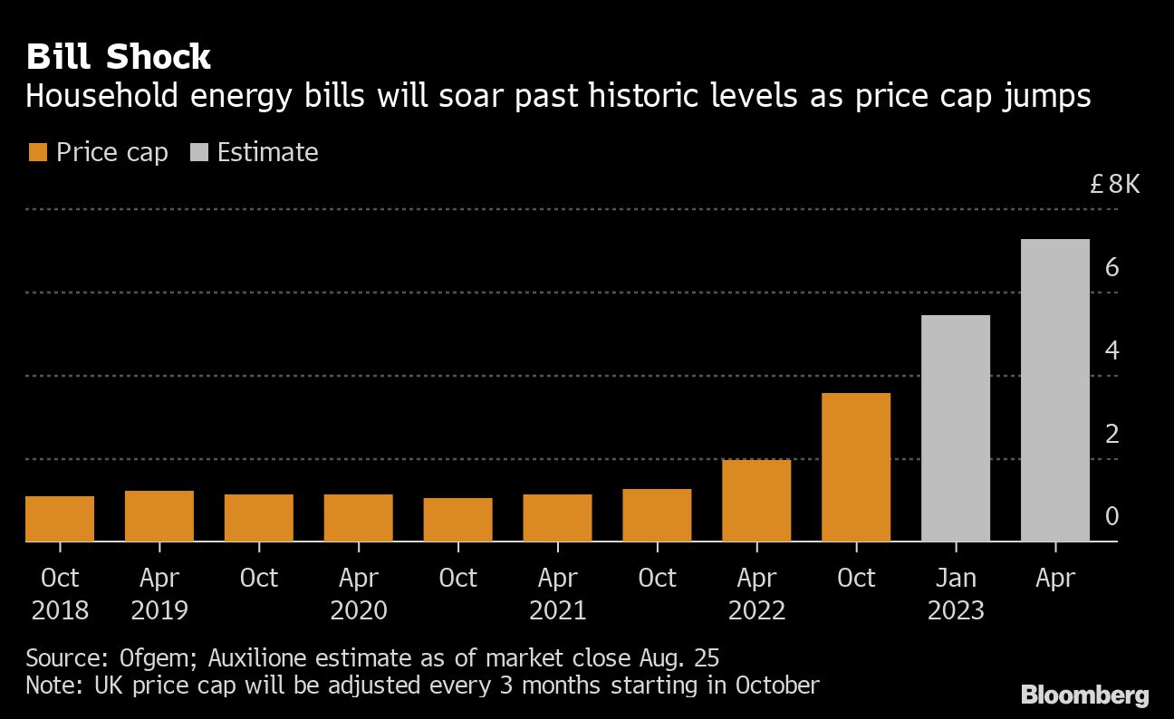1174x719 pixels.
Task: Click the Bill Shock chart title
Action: click(118, 57)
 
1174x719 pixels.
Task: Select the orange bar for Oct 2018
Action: click(60, 519)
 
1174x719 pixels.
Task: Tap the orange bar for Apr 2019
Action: click(159, 516)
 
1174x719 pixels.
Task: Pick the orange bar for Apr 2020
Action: click(359, 518)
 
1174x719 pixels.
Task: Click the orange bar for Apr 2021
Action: click(558, 518)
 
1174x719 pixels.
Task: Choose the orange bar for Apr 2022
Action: click(757, 501)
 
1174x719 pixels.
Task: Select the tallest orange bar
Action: click(857, 467)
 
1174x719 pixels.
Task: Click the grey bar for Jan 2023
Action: click(956, 428)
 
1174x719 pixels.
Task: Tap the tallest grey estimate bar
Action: click(1055, 390)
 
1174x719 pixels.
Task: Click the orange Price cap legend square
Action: click(38, 152)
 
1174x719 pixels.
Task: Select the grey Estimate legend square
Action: click(198, 152)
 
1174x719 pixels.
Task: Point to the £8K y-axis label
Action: click(1115, 185)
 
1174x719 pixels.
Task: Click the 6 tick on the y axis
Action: click(1113, 268)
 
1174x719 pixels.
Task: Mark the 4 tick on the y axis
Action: click(1113, 350)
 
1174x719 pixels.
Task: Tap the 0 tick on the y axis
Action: click(1113, 516)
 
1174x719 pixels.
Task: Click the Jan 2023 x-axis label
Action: click(956, 593)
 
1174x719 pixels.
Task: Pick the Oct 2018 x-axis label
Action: click(60, 593)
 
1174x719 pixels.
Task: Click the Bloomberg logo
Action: click(1085, 695)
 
